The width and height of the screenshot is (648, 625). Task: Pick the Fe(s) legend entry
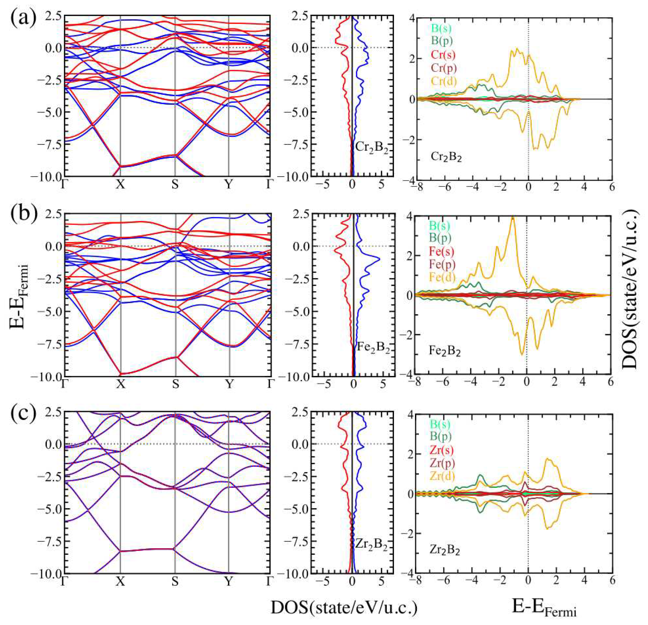pyautogui.click(x=441, y=251)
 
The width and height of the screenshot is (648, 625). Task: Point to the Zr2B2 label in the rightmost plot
pyautogui.click(x=445, y=550)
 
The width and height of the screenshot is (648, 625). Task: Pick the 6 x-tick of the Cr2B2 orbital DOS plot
pyautogui.click(x=611, y=187)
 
